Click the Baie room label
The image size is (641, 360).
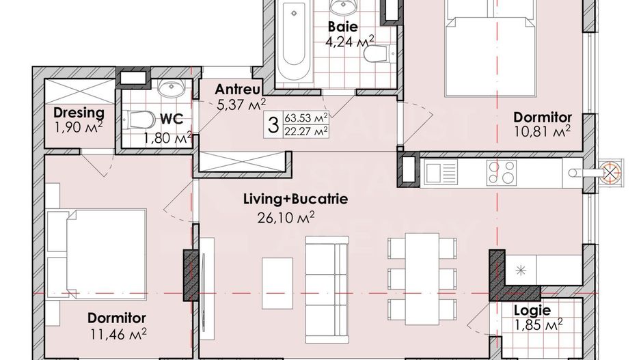[341, 27]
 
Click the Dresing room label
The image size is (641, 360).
[79, 113]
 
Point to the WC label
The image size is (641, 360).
[175, 119]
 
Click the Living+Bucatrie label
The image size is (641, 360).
[296, 199]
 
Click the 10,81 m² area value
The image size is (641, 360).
[543, 130]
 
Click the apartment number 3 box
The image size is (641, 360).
[273, 124]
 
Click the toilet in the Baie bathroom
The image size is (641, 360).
[374, 54]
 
